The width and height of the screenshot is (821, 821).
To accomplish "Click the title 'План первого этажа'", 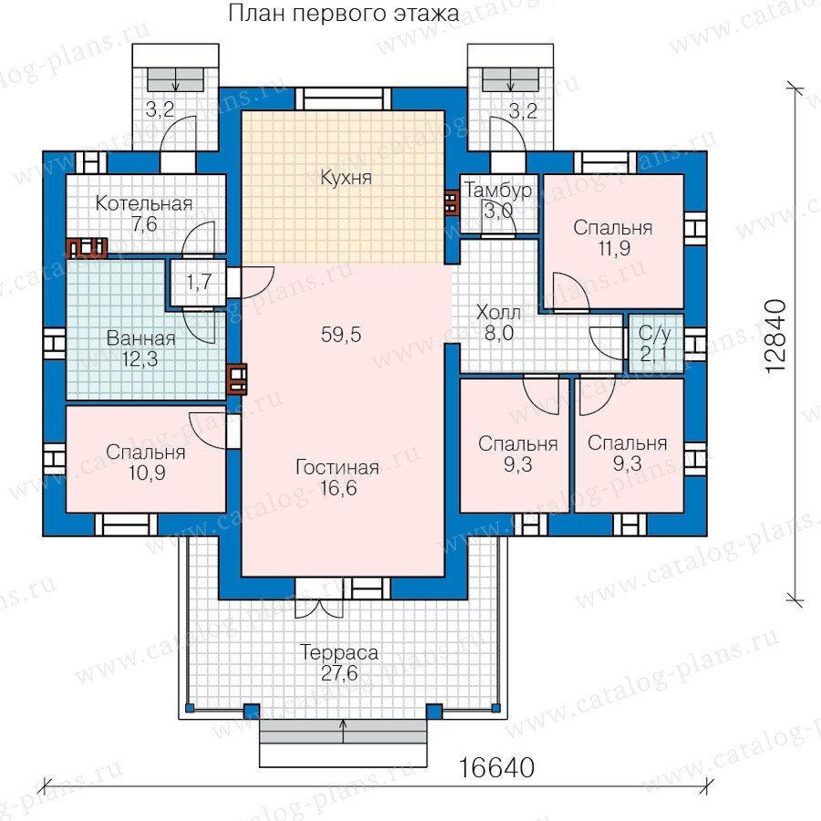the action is [x=344, y=14].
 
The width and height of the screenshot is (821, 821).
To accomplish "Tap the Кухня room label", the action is [x=346, y=178].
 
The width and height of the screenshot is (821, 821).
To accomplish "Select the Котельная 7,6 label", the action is [x=144, y=213].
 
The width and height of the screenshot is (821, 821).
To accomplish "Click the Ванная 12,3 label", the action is [x=140, y=348].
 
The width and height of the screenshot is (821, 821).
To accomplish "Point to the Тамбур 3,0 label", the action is [x=498, y=201].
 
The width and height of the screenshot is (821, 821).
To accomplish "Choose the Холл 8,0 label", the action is [x=498, y=323].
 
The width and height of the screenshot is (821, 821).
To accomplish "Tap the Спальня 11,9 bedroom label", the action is [x=613, y=238].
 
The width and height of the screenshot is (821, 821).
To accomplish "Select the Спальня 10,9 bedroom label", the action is [x=146, y=462].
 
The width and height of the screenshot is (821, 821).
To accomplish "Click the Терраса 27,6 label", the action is [x=338, y=662].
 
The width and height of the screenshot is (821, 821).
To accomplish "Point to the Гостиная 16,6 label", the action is [x=338, y=477].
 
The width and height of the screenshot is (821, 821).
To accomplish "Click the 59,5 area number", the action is [x=341, y=335].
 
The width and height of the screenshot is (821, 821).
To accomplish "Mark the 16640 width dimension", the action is [x=496, y=767].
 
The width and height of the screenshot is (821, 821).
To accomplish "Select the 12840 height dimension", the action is [x=776, y=336].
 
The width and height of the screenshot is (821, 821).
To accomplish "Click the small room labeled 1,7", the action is [x=199, y=282].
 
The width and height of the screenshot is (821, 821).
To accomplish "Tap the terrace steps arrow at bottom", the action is [x=344, y=732].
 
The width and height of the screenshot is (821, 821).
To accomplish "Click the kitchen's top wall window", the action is [x=343, y=99].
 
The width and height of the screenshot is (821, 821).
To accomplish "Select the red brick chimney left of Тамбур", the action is [x=451, y=203].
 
